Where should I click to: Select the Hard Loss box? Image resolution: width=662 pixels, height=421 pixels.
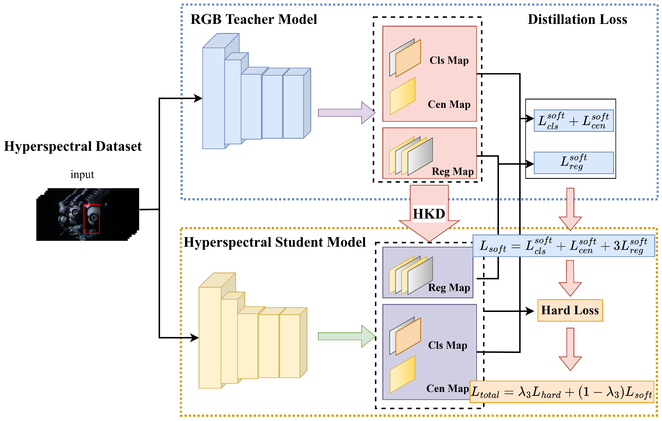click(x=570, y=310)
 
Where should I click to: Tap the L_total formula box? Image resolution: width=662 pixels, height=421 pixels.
click(x=561, y=392)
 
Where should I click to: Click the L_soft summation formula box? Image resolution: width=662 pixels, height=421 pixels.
click(x=564, y=246)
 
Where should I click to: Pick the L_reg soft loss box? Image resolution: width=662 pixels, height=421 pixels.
click(x=574, y=163)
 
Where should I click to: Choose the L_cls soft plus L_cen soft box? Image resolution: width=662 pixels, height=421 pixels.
click(x=574, y=121)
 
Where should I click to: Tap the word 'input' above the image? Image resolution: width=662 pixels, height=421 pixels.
click(x=82, y=174)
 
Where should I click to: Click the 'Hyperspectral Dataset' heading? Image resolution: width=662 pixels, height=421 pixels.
click(x=73, y=146)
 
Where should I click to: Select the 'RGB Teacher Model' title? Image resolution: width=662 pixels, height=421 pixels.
click(x=253, y=20)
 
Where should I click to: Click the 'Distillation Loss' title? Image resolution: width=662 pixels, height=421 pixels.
click(x=577, y=20)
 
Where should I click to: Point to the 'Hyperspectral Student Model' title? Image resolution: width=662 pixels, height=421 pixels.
click(x=274, y=242)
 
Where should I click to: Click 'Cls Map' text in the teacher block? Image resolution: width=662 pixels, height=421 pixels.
click(x=449, y=60)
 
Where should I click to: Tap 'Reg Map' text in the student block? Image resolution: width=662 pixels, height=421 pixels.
click(x=449, y=287)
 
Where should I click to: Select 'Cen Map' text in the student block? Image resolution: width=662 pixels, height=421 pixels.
click(x=447, y=388)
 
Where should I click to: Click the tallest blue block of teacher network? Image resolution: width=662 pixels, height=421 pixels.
click(x=213, y=98)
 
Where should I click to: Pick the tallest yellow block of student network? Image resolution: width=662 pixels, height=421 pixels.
click(x=210, y=338)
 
